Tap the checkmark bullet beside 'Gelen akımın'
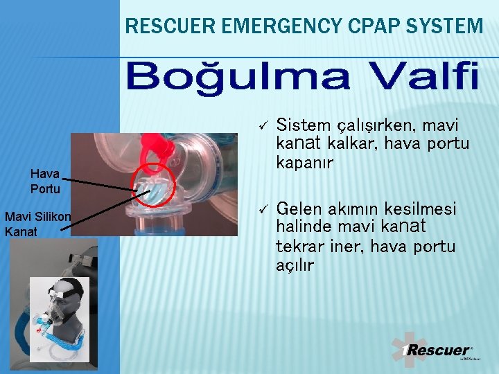point(263,208)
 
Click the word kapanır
point(304,163)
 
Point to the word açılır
point(295,265)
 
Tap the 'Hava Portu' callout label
point(45,181)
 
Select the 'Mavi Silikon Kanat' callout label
point(37,224)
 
